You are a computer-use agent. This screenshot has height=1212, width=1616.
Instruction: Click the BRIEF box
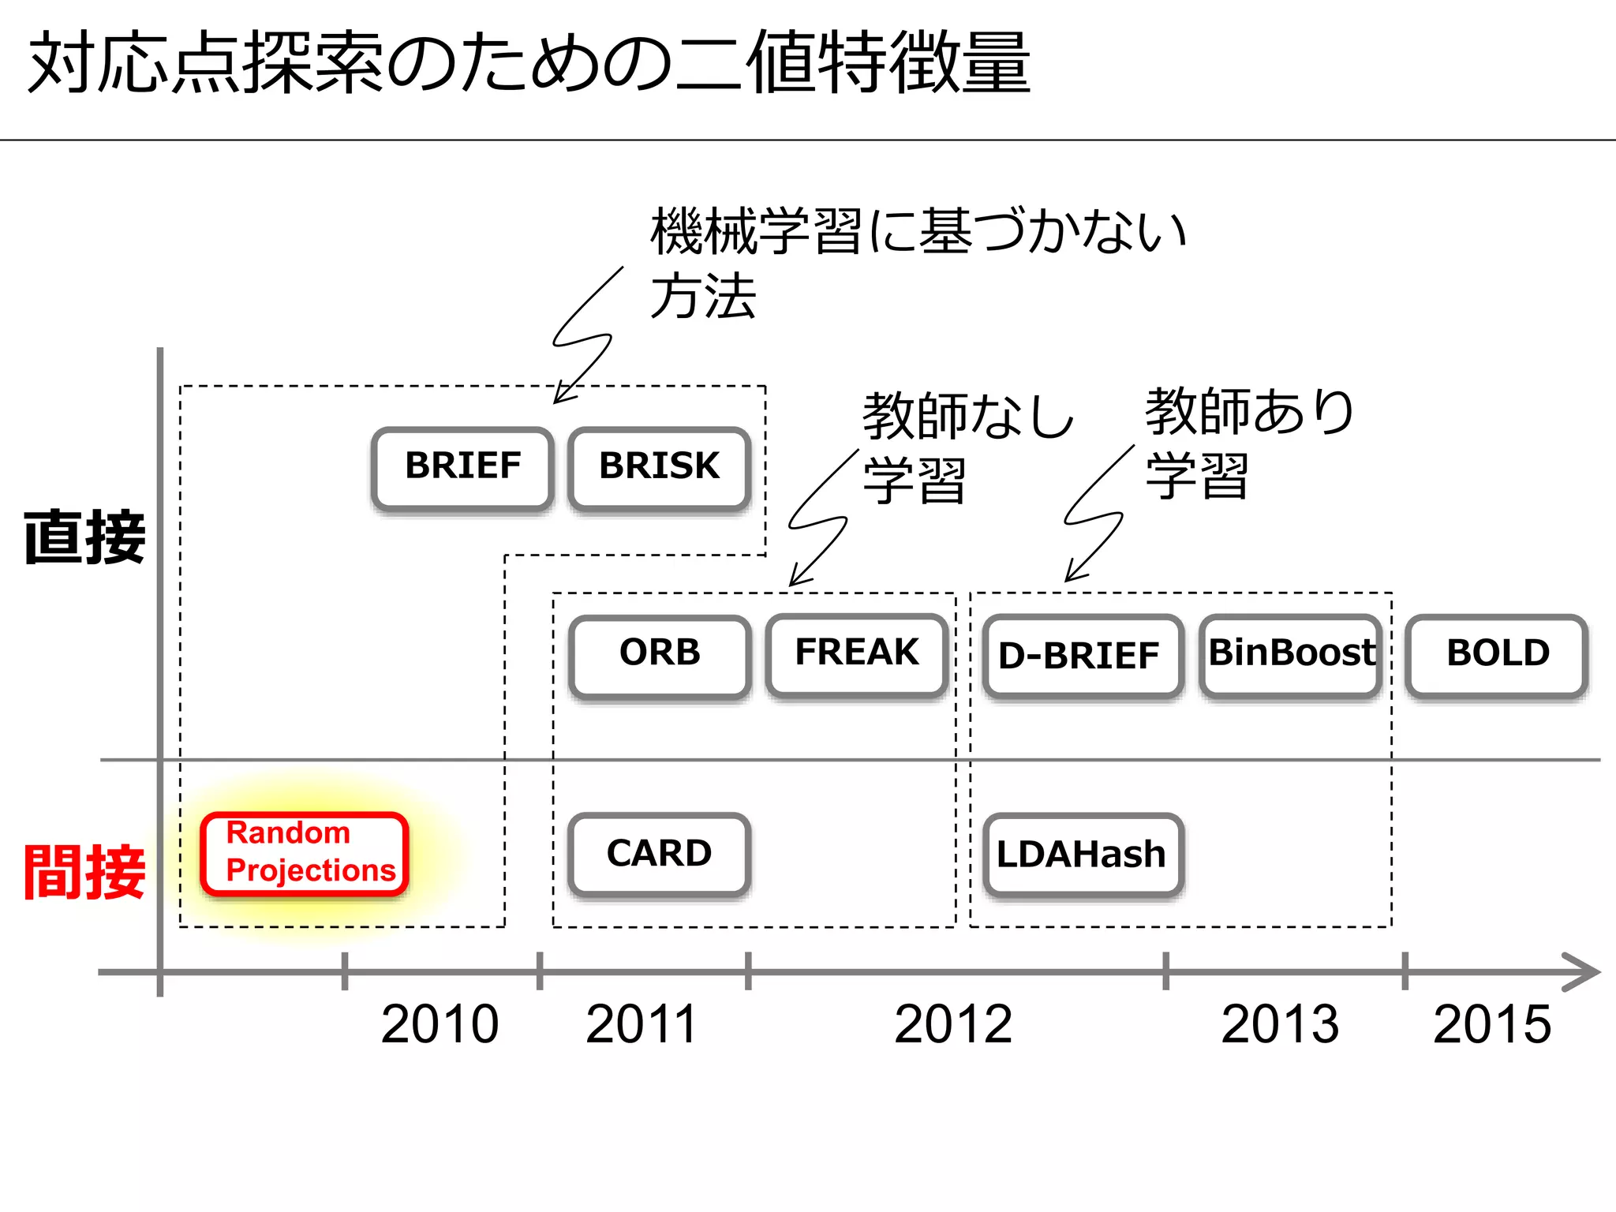point(462,469)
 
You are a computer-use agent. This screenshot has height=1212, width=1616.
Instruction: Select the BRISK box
point(659,469)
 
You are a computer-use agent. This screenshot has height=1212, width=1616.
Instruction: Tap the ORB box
point(660,656)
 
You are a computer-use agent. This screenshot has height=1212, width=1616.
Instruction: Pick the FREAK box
point(857,654)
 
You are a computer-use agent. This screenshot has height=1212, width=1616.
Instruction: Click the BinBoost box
point(1291,655)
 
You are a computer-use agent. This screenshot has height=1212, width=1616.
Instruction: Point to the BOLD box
point(1497,656)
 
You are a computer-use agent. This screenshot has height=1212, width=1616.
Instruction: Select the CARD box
point(659,855)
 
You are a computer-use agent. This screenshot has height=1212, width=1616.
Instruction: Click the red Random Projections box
point(305,854)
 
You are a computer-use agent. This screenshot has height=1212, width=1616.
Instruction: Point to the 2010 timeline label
point(440,1024)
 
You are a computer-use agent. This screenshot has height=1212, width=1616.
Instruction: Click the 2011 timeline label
point(642,1024)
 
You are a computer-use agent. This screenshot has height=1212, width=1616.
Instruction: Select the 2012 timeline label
point(953,1024)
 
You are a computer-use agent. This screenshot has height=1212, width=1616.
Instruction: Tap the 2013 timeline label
point(1280,1024)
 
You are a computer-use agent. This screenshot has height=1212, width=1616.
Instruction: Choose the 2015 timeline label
point(1492,1024)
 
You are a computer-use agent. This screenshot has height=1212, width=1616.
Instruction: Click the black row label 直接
point(84,537)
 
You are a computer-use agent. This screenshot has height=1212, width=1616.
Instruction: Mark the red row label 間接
point(84,872)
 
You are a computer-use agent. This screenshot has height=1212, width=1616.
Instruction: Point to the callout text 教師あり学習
point(1248,443)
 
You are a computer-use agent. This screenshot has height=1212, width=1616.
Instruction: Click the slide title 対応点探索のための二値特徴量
point(529,63)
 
